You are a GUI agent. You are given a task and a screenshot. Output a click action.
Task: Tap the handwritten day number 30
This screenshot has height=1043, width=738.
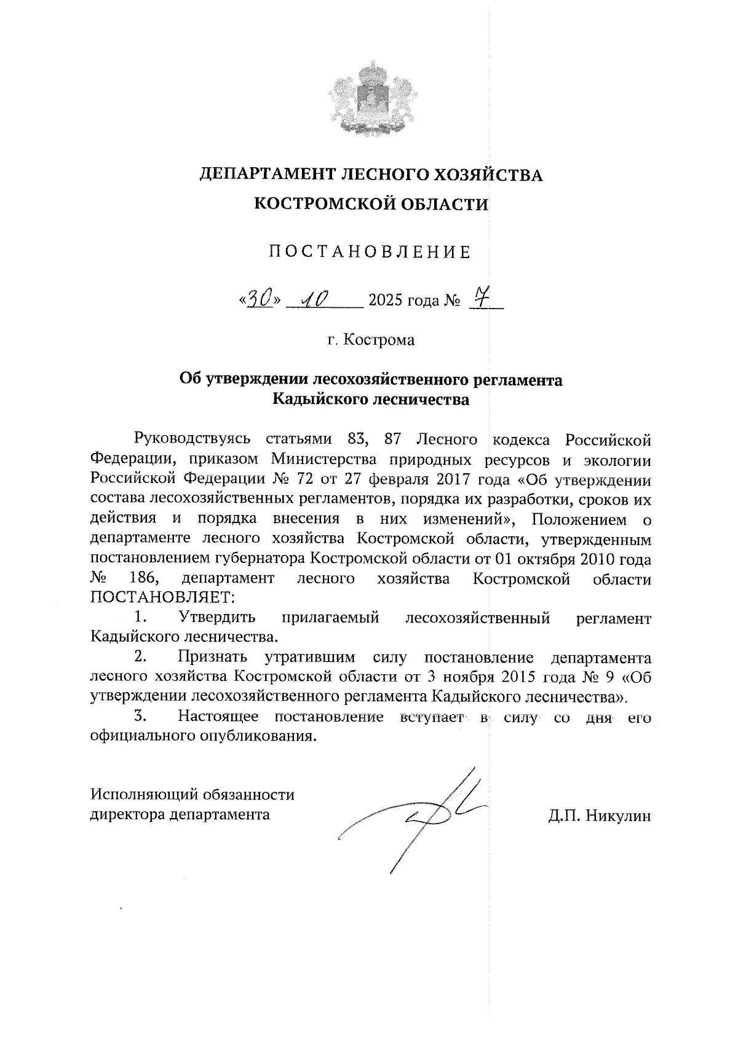coord(258,299)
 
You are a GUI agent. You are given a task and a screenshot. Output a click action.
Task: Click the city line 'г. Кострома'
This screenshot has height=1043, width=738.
coord(371,339)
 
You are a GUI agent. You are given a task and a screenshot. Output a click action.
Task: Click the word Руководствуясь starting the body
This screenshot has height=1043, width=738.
coord(192,439)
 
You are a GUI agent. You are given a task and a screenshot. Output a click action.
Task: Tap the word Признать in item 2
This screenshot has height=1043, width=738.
coord(212,658)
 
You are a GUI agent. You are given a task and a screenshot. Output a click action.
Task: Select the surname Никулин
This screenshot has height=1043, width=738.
coord(617,816)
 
